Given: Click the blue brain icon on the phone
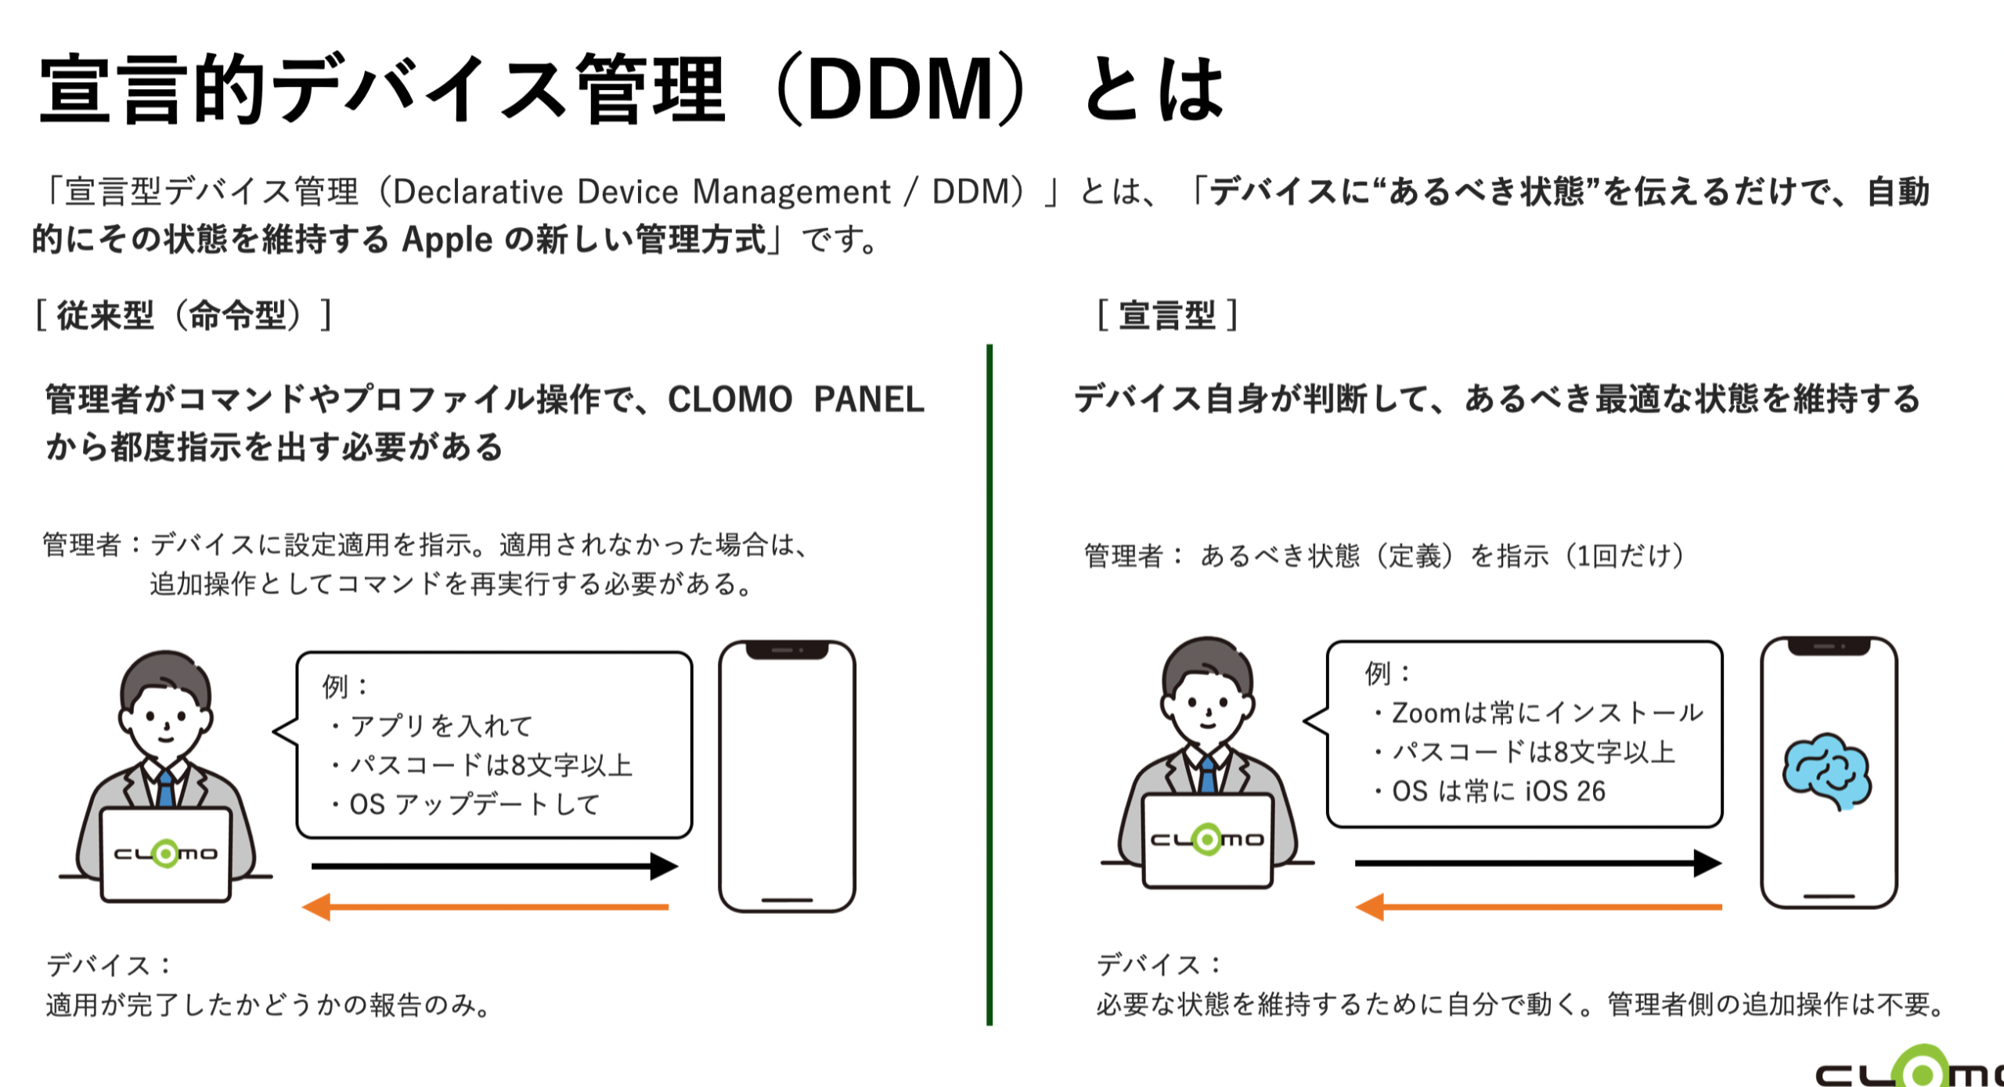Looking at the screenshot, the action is coord(1826,771).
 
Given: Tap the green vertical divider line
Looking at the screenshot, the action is coord(989,684).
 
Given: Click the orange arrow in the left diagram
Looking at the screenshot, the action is coord(485,907).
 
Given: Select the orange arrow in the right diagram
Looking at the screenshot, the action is coord(1538,907).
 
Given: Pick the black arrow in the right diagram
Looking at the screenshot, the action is coord(1538,863).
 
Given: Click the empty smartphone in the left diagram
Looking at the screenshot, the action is coord(787,776).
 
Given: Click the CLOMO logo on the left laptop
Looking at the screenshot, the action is coord(166,853).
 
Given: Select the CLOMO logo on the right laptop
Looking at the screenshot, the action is coord(1207,840).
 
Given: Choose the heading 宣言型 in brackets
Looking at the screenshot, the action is coord(1166,316).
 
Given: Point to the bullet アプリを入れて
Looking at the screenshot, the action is coord(430,726).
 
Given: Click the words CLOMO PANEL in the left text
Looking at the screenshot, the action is coord(795,399).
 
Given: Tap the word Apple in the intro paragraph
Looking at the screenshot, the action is coord(447,240).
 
